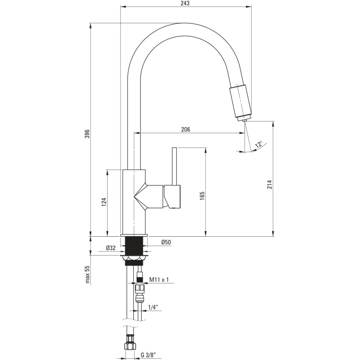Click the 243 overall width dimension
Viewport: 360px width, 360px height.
point(185,3)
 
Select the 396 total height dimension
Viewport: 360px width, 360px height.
point(87,134)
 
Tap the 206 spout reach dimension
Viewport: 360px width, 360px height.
point(185,130)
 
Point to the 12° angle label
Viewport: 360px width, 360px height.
point(259,144)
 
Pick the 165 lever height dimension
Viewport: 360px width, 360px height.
point(202,196)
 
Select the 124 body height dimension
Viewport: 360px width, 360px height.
point(104,202)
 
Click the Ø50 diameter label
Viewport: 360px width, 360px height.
point(166,242)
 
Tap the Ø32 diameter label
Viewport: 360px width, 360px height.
point(111,248)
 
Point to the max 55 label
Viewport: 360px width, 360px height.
point(87,274)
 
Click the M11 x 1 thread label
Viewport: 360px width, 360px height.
point(159,279)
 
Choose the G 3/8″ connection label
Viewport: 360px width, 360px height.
point(148,355)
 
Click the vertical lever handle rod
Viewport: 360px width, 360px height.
point(174,166)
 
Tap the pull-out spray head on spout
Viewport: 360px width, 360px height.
point(241,101)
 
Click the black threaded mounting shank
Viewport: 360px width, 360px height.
point(134,246)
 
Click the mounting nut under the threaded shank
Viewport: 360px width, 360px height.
point(134,258)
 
